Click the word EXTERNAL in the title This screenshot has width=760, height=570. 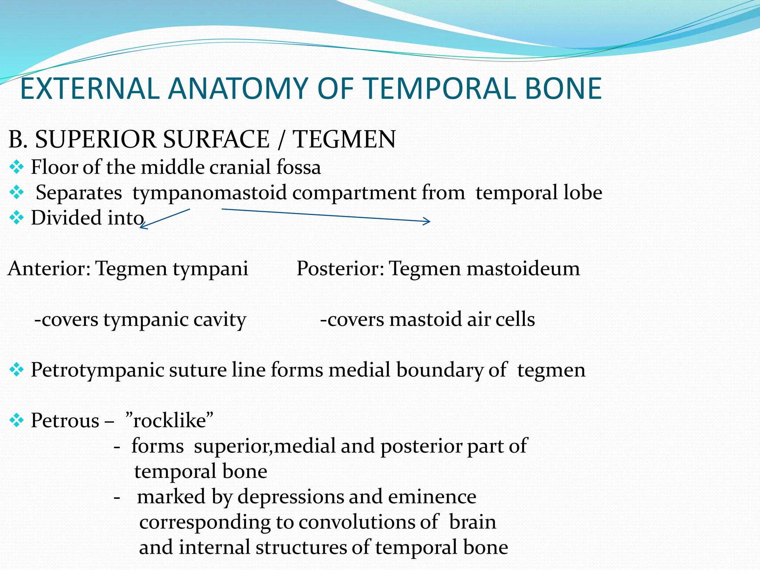89,89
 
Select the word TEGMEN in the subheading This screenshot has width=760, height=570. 344,140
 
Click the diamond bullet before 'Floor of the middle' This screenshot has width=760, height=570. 17,167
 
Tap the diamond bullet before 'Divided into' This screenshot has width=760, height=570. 17,218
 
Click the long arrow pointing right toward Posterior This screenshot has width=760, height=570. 326,216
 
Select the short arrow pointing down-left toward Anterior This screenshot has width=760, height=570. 165,219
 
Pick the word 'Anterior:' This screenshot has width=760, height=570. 49,268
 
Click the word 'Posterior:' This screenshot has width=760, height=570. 340,268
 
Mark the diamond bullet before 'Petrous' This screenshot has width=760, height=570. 17,421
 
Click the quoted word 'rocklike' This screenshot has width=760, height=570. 170,421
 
